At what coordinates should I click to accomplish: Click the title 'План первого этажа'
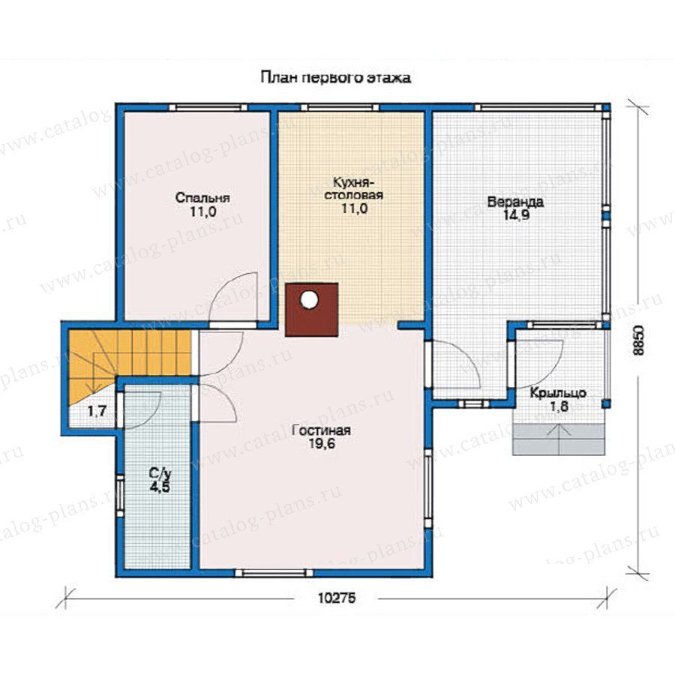pyautogui.click(x=335, y=78)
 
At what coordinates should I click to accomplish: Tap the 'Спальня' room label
pyautogui.click(x=202, y=198)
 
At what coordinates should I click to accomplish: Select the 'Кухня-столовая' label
pyautogui.click(x=353, y=188)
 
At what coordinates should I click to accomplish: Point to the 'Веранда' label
pyautogui.click(x=515, y=202)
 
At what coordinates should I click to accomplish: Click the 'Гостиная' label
pyautogui.click(x=321, y=430)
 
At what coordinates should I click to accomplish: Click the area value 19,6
pyautogui.click(x=321, y=443)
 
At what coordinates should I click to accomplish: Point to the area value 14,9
pyautogui.click(x=516, y=214)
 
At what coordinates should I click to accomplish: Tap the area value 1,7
pyautogui.click(x=97, y=412)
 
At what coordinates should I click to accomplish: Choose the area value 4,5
pyautogui.click(x=160, y=487)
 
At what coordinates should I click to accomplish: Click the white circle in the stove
pyautogui.click(x=309, y=299)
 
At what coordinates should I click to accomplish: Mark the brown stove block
pyautogui.click(x=312, y=309)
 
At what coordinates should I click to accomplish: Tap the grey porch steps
pyautogui.click(x=559, y=439)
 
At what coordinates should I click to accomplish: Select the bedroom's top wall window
pyautogui.click(x=208, y=107)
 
